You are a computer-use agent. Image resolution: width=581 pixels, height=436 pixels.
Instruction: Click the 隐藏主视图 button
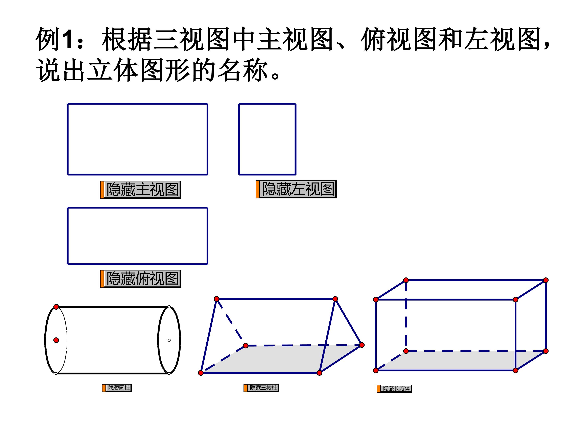pos(141,190)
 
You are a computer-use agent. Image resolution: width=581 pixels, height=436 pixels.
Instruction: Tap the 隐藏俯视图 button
pos(141,279)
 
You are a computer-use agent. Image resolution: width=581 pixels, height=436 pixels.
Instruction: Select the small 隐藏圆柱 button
pos(117,388)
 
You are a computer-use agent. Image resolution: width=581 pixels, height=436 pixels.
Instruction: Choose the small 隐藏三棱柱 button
pos(261,388)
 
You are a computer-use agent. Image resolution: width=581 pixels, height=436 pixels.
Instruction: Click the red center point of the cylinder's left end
pos(56,340)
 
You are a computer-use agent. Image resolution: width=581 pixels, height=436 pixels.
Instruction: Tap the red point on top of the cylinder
pos(56,307)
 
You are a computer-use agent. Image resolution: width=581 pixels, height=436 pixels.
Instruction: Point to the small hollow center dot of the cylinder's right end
pos(169,340)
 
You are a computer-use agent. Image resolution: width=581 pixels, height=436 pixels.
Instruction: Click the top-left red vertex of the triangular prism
pos(216,299)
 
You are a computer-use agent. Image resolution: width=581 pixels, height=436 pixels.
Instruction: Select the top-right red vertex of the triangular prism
pos(335,299)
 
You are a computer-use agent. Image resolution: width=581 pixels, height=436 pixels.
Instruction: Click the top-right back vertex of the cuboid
pos(546,280)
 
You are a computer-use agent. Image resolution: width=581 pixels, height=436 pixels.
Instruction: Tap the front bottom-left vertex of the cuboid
pos(376,371)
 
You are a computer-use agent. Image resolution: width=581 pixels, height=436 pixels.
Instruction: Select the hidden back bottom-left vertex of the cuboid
pos(406,351)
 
